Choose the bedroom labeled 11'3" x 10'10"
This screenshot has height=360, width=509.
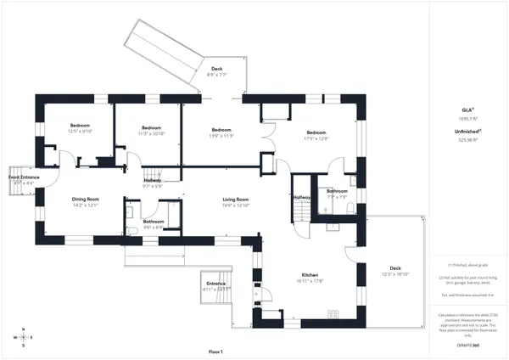point(152,130)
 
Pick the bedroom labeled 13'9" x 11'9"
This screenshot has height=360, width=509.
point(221,132)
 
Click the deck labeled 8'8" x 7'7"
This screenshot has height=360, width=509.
point(216,71)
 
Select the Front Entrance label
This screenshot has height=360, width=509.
point(25,179)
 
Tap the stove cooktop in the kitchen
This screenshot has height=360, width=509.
point(333,312)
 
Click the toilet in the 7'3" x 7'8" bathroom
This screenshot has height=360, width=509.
point(349,207)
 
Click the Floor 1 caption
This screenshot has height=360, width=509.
point(215,352)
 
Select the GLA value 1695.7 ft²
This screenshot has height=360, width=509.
point(467,118)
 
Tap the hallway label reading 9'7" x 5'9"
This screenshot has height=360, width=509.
point(152,183)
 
